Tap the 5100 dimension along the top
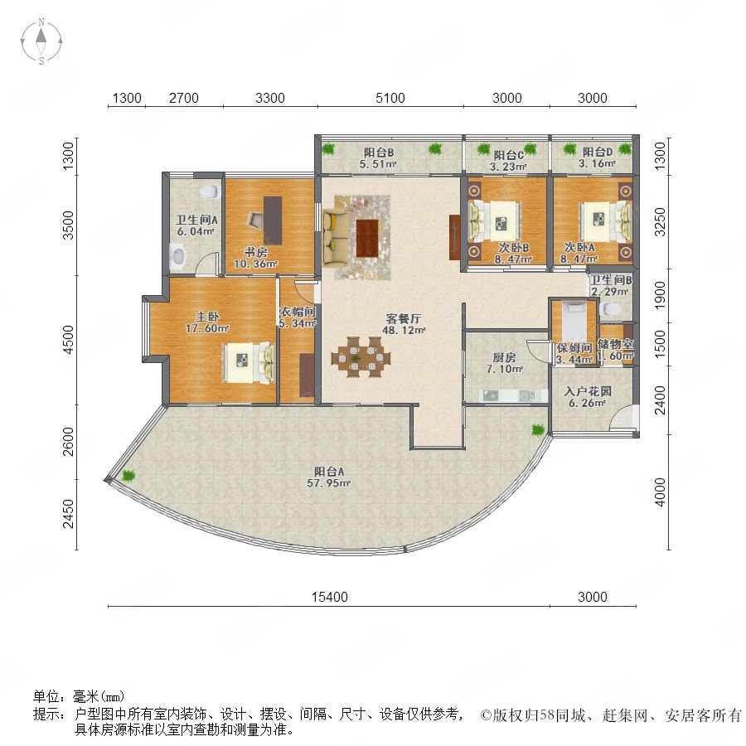pyautogui.click(x=390, y=98)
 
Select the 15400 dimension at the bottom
pyautogui.click(x=329, y=597)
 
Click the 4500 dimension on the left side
pyautogui.click(x=69, y=339)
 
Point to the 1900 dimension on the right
pyautogui.click(x=660, y=295)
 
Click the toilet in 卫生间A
pyautogui.click(x=209, y=191)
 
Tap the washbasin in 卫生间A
pyautogui.click(x=178, y=255)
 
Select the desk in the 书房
pyautogui.click(x=273, y=220)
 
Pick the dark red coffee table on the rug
pyautogui.click(x=367, y=238)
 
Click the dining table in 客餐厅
pyautogui.click(x=361, y=356)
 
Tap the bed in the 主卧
pyautogui.click(x=249, y=362)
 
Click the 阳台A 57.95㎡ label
pyautogui.click(x=329, y=477)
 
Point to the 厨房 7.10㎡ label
pyautogui.click(x=504, y=362)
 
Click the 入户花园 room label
pyautogui.click(x=588, y=391)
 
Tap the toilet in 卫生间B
pyautogui.click(x=610, y=309)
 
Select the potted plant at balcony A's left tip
pyautogui.click(x=128, y=475)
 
